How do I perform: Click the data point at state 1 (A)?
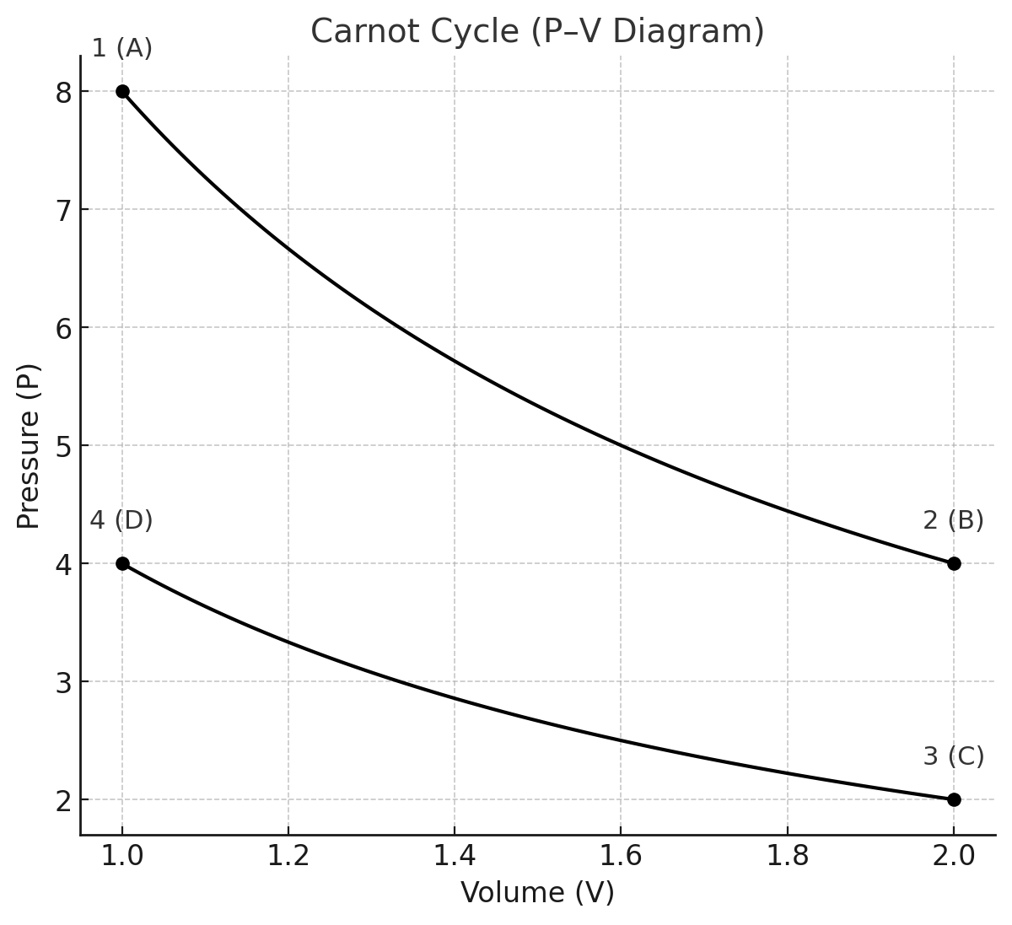(x=122, y=91)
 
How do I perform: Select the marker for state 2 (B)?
(x=954, y=563)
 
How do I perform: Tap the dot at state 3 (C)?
(x=954, y=799)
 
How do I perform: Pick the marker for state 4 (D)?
(x=122, y=563)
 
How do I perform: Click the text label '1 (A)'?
(x=122, y=49)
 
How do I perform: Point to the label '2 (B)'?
(x=953, y=521)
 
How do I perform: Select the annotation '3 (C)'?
(x=953, y=757)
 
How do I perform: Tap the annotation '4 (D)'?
(x=121, y=521)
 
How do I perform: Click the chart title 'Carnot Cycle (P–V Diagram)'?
(x=537, y=31)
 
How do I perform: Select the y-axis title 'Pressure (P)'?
(x=29, y=445)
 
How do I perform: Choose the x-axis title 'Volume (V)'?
(x=537, y=892)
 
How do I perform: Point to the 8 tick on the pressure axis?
(x=64, y=92)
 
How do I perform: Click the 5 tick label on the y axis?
(x=64, y=446)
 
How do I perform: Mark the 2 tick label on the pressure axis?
(x=64, y=800)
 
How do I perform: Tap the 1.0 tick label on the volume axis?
(x=122, y=855)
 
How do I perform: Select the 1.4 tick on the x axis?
(x=455, y=855)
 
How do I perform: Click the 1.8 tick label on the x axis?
(x=787, y=855)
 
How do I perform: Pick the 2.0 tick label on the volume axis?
(x=954, y=855)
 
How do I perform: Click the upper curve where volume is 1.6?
(x=621, y=445)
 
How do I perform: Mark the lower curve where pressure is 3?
(x=400, y=681)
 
